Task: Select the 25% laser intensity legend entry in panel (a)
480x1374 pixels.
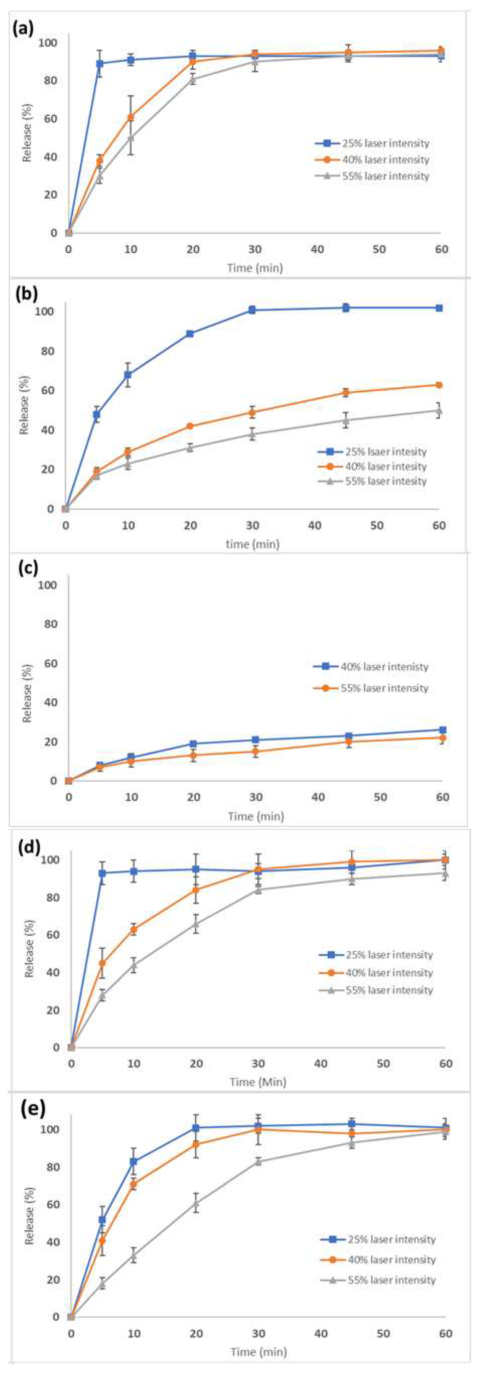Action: tap(372, 143)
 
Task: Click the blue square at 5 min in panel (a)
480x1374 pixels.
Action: tap(99, 64)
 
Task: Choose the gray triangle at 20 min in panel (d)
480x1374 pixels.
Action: tap(196, 923)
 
